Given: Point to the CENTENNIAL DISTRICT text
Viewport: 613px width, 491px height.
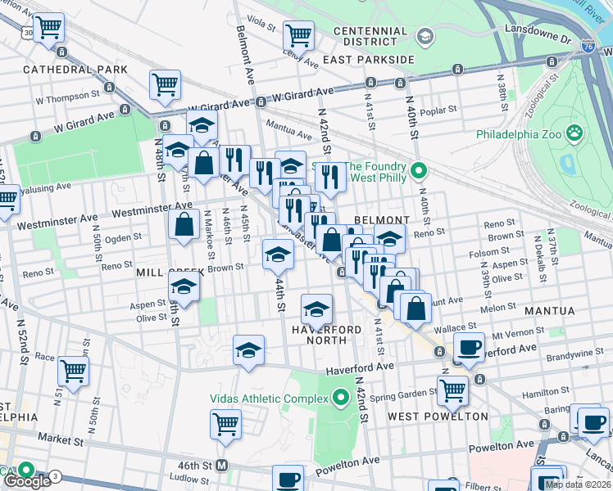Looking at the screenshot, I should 370,37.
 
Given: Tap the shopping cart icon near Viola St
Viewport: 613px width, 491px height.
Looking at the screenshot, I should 298,34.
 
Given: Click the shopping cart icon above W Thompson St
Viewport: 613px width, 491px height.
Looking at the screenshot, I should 165,83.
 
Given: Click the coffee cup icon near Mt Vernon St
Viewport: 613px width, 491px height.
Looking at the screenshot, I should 469,347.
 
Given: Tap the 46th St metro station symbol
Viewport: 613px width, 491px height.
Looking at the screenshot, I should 220,466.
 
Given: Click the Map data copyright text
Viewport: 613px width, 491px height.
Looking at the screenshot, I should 579,484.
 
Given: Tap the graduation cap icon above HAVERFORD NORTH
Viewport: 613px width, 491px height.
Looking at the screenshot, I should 316,309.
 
